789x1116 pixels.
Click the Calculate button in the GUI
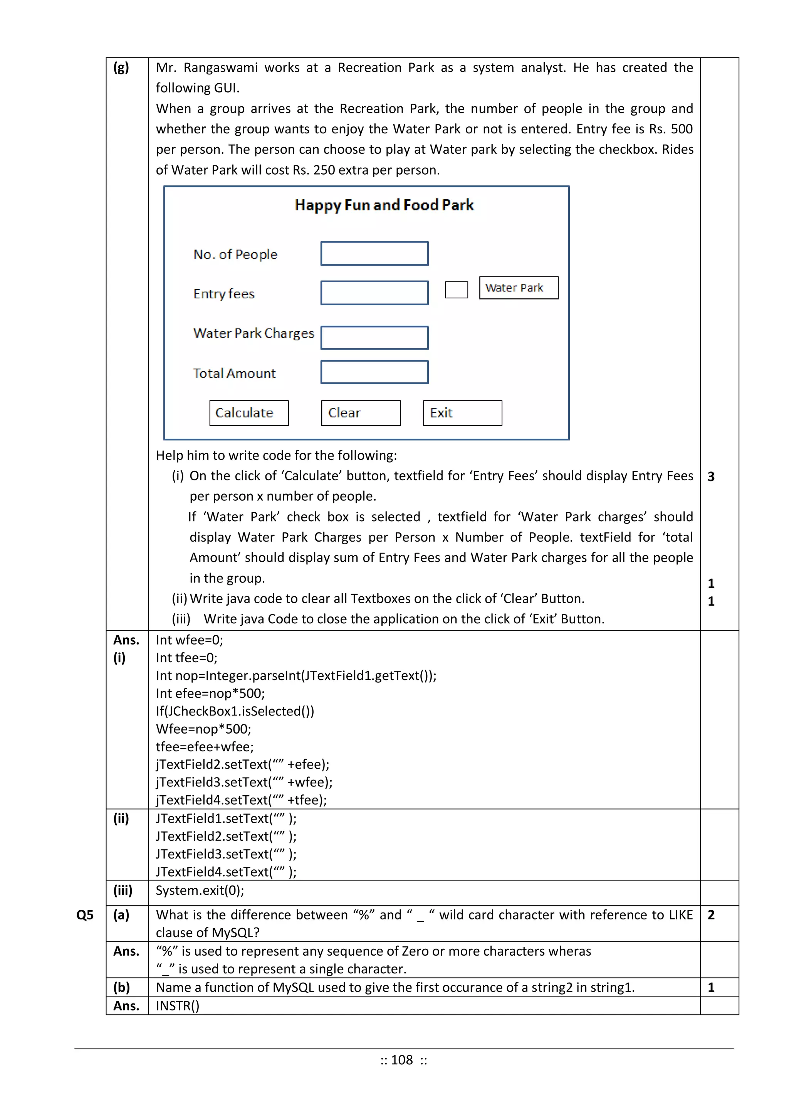click(249, 413)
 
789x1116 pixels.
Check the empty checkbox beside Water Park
click(456, 290)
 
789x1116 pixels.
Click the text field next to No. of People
click(374, 253)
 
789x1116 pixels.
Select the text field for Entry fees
click(374, 293)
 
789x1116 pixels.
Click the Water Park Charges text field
click(374, 337)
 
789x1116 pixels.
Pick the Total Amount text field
click(374, 372)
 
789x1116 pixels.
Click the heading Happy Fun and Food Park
click(384, 205)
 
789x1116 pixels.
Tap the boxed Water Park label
click(519, 288)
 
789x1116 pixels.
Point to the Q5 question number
click(85, 915)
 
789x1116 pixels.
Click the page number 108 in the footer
click(402, 1060)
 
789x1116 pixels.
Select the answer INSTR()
click(177, 1006)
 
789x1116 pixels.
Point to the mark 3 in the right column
click(711, 477)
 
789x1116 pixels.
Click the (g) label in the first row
click(121, 67)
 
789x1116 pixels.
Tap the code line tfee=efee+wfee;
click(205, 747)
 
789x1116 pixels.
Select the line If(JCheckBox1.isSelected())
click(235, 711)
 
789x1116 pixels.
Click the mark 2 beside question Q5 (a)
click(711, 915)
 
